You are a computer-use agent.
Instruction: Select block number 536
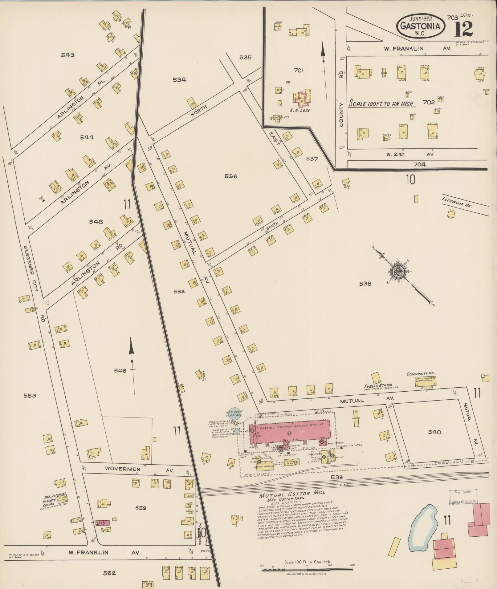click(x=231, y=176)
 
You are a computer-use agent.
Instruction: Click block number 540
click(x=434, y=432)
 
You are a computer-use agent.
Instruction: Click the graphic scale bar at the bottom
click(x=307, y=570)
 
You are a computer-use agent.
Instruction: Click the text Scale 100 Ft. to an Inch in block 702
click(x=381, y=103)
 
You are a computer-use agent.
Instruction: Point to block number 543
click(x=68, y=55)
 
